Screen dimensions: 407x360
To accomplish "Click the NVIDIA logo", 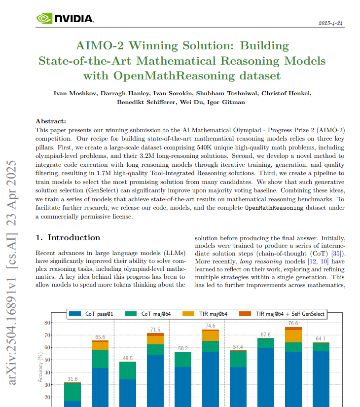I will [x=65, y=19].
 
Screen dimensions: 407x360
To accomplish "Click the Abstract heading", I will [x=51, y=121].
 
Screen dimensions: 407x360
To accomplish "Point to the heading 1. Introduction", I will [x=68, y=238].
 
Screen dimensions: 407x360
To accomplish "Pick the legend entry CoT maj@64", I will [x=151, y=314].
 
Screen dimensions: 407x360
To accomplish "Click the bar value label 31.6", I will [x=72, y=379].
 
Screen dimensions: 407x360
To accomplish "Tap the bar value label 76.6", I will [x=293, y=323].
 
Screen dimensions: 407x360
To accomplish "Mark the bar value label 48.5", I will [x=127, y=358].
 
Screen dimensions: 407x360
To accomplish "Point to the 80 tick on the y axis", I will [x=47, y=323].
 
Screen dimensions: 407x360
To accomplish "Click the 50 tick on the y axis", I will [x=47, y=360].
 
